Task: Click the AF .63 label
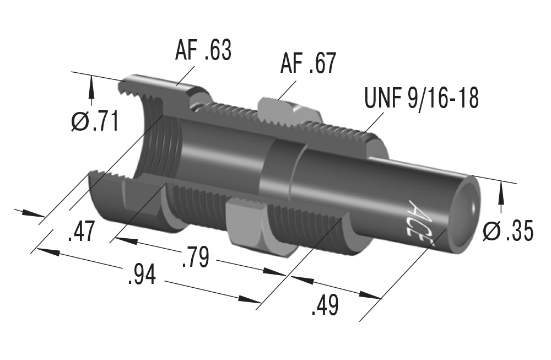point(203,51)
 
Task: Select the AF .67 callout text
point(307,65)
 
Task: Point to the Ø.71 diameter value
point(95,121)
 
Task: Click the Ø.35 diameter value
point(507,232)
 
